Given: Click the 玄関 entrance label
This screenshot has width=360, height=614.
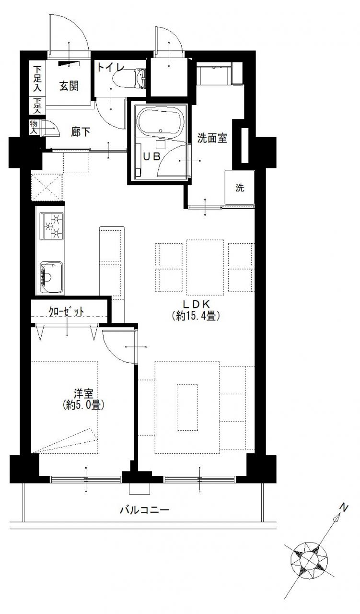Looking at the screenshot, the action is [69, 86].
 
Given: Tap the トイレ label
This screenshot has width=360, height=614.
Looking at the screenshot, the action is [111, 67].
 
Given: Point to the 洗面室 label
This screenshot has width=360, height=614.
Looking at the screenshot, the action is [212, 139].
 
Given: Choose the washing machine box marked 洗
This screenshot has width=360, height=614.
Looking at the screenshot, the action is [240, 187].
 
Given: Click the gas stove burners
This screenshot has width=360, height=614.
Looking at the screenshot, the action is [52, 226].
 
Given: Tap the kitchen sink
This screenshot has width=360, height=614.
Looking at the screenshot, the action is [51, 278].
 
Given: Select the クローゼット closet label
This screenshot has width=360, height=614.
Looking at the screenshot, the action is [66, 311].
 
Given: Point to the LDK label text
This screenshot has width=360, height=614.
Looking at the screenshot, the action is [196, 304].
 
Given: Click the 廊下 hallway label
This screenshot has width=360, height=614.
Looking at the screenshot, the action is [81, 132].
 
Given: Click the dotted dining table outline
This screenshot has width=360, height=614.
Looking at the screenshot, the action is [205, 268].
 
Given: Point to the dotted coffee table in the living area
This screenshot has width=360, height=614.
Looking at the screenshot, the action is [187, 407].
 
